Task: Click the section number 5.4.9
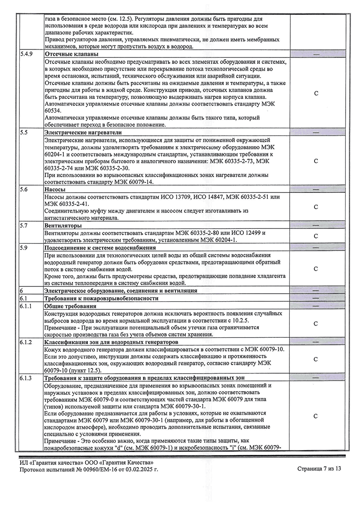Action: tap(27, 54)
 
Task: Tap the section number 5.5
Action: tap(24, 133)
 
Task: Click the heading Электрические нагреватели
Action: tap(83, 133)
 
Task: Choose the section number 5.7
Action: tap(24, 225)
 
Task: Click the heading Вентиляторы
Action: tap(63, 225)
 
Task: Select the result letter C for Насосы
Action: tap(315, 207)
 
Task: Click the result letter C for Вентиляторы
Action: tap(315, 236)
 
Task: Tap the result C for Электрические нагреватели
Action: tap(315, 161)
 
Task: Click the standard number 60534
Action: tap(54, 111)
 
